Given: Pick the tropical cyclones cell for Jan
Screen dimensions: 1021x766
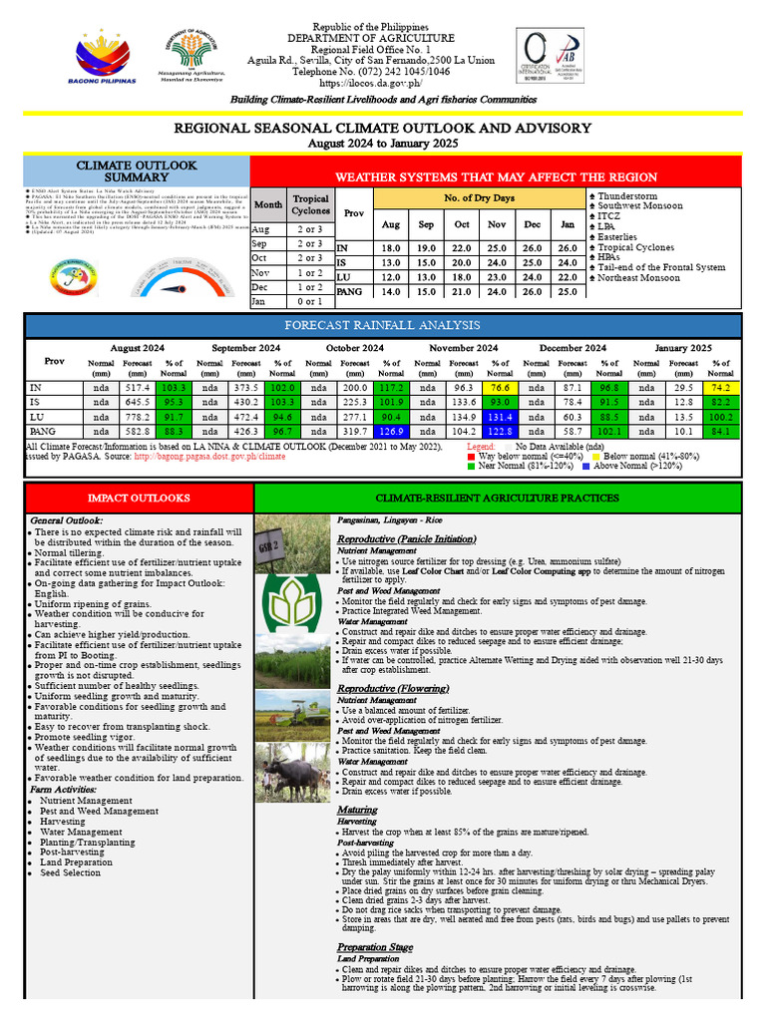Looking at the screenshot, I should click(x=310, y=301).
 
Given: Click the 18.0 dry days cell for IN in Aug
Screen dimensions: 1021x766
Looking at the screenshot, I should click(x=391, y=247).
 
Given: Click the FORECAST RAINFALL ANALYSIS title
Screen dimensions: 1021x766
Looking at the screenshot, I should click(x=383, y=326).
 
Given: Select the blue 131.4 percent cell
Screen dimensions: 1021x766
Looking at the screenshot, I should click(x=500, y=415).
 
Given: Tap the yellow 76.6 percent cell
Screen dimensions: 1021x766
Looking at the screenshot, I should click(x=500, y=387).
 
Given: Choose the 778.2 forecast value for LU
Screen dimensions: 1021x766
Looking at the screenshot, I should click(x=137, y=415).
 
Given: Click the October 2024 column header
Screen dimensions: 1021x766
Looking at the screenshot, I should click(x=355, y=348).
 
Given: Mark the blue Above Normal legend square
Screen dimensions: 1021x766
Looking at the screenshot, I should click(x=585, y=466).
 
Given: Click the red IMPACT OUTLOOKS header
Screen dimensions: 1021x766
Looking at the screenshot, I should click(x=139, y=497).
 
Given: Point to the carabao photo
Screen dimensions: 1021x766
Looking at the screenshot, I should click(x=293, y=773).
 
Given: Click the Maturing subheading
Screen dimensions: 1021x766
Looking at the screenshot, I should click(x=357, y=810).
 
